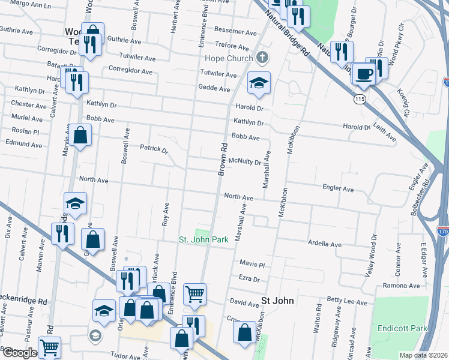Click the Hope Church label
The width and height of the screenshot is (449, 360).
click(x=227, y=58)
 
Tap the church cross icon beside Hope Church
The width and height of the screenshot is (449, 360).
click(x=261, y=58)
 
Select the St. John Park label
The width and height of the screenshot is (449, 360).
click(x=204, y=239)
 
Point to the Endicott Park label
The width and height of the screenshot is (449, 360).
click(x=402, y=328)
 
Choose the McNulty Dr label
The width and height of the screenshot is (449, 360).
click(x=245, y=161)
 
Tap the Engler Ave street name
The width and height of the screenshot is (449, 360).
click(x=339, y=188)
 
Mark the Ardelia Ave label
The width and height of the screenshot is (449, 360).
click(x=325, y=245)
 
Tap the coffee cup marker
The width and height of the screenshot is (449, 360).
click(x=364, y=75)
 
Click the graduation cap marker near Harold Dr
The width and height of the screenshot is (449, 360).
click(x=259, y=83)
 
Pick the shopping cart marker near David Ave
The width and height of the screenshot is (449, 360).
click(x=194, y=295)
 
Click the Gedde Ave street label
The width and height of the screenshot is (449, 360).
click(x=215, y=89)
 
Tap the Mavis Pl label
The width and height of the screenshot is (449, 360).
click(x=252, y=264)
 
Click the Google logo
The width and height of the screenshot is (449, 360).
click(x=19, y=353)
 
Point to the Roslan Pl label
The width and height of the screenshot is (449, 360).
click(x=25, y=132)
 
